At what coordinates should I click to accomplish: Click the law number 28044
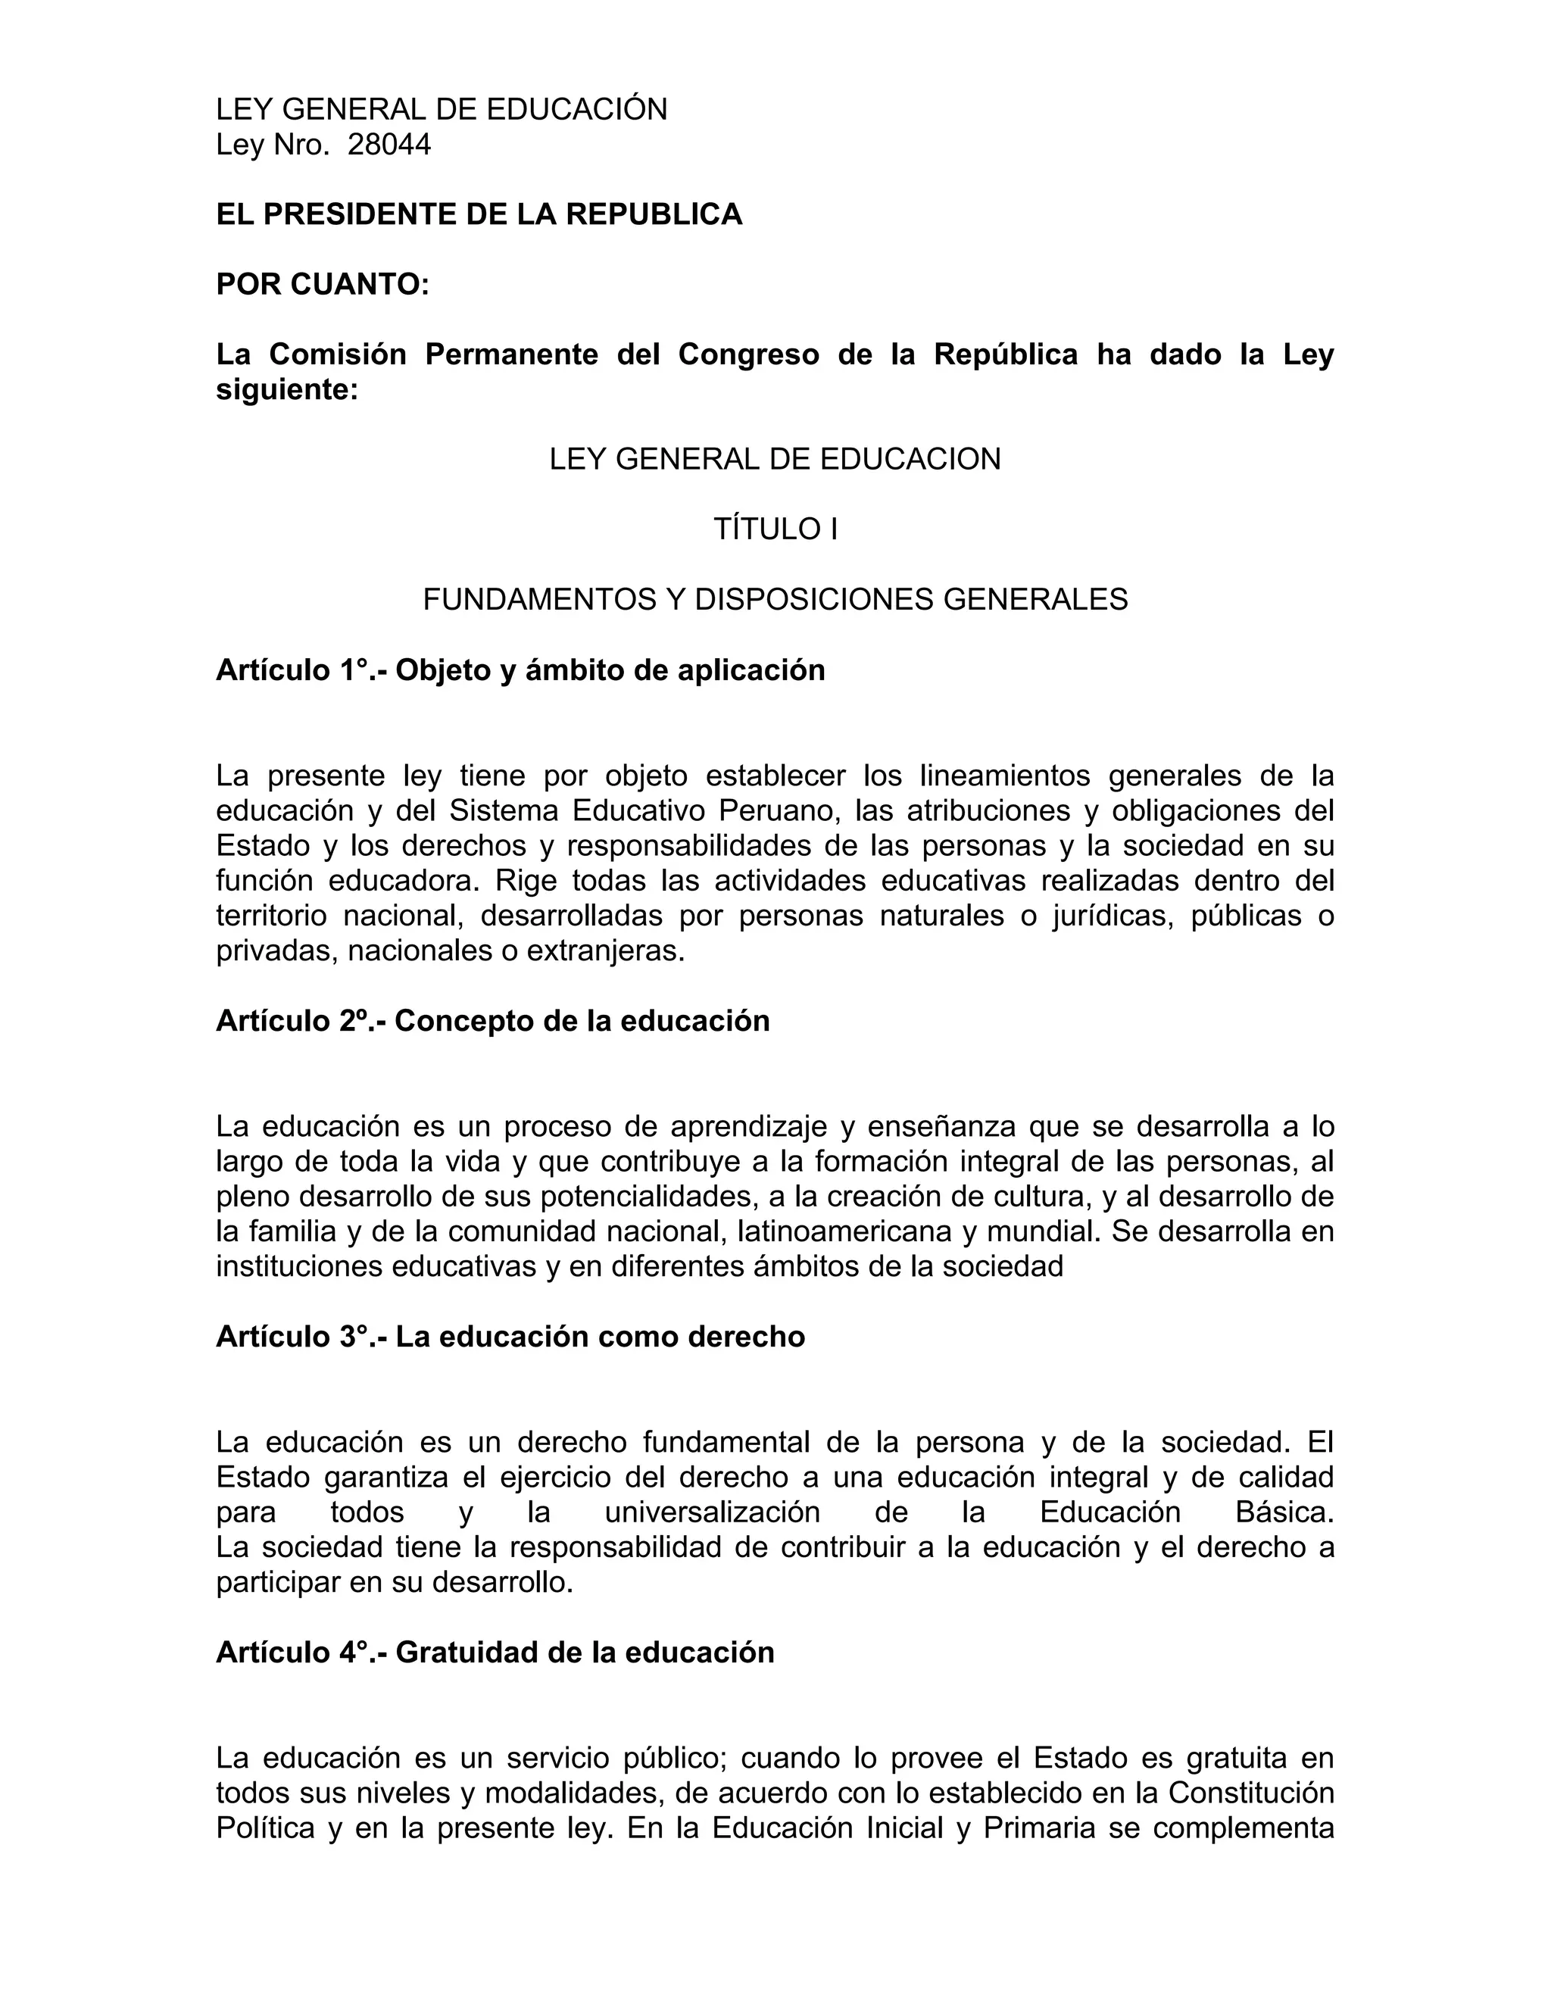click(x=389, y=145)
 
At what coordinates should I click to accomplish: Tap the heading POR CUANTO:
click(x=323, y=285)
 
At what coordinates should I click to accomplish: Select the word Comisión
click(x=337, y=354)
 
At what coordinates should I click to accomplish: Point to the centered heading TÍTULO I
click(x=775, y=529)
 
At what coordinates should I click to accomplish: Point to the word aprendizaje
click(x=741, y=1127)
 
